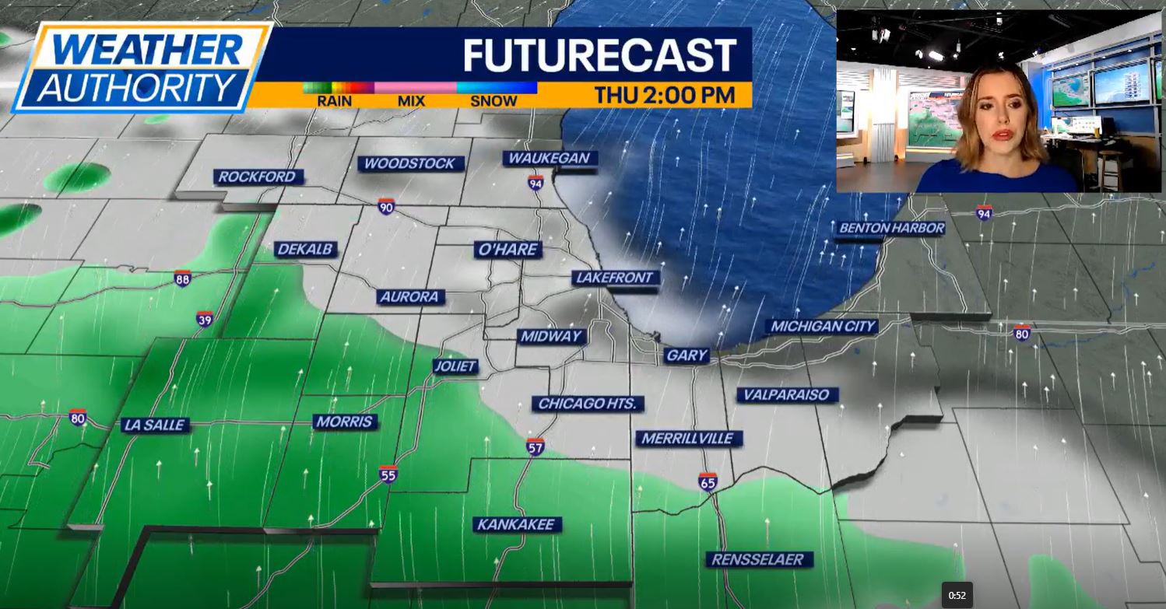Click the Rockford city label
[x=258, y=177]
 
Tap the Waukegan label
[x=549, y=159]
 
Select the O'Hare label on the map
[x=508, y=250]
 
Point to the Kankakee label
[x=517, y=525]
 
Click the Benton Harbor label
[x=891, y=229]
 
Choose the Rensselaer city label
[x=759, y=559]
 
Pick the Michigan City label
[x=823, y=327]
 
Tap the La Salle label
[x=155, y=425]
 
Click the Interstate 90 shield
[x=386, y=206]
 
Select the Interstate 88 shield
[x=182, y=278]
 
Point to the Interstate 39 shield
[x=204, y=319]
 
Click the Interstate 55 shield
[x=388, y=474]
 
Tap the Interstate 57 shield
[x=535, y=446]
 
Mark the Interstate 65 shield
[x=707, y=481]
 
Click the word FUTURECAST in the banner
[x=599, y=55]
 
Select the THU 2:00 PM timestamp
[x=665, y=96]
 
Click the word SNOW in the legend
[x=493, y=101]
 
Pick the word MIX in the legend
[x=411, y=101]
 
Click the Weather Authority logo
[x=140, y=68]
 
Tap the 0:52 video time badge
[x=957, y=596]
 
